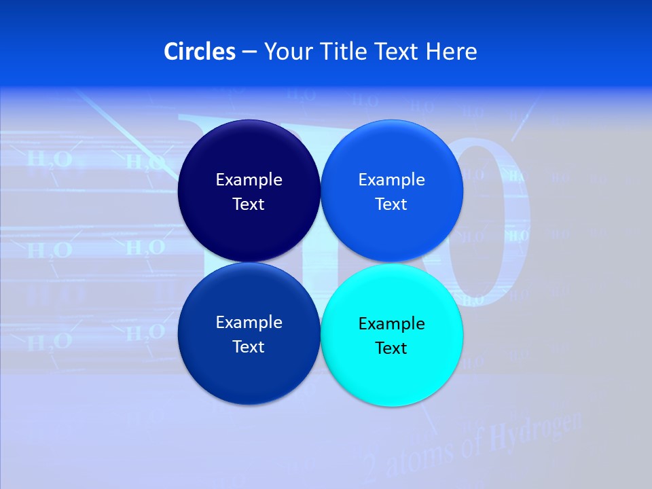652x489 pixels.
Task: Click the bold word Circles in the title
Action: [x=199, y=52]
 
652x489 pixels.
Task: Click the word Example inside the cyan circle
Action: [x=391, y=323]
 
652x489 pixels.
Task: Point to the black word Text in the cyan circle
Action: [x=391, y=348]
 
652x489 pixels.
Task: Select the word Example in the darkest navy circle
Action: [x=249, y=179]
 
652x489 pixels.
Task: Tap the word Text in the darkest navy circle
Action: [x=249, y=204]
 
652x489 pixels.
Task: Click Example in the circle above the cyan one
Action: [x=391, y=179]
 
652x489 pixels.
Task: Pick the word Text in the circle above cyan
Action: [x=391, y=204]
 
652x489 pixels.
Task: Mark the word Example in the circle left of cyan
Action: [x=249, y=322]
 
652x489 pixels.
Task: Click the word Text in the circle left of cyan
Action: [x=249, y=346]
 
